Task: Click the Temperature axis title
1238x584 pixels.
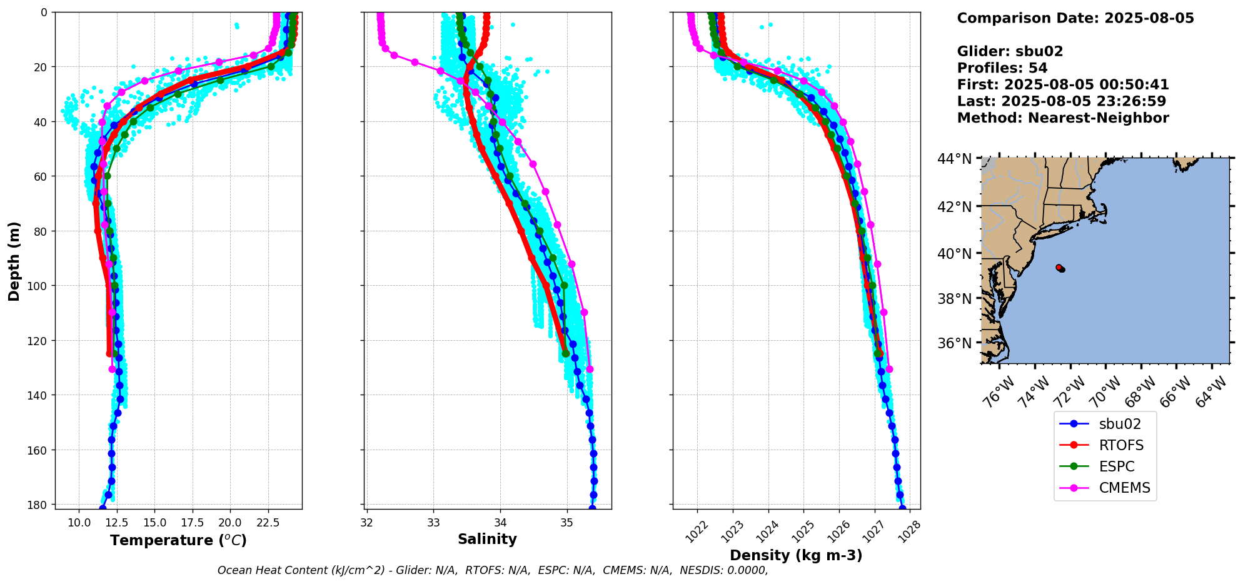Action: coord(178,540)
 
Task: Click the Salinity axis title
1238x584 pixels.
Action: coord(487,539)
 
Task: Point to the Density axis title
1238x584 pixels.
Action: coord(796,555)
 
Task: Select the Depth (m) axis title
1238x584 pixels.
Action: coord(14,261)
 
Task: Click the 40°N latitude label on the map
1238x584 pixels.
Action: coord(954,253)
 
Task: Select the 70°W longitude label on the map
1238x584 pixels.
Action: coord(1104,394)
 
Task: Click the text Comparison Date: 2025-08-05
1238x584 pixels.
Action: coord(1075,18)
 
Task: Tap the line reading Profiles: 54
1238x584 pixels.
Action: coord(1002,68)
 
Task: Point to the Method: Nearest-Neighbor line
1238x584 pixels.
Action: coord(1062,118)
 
